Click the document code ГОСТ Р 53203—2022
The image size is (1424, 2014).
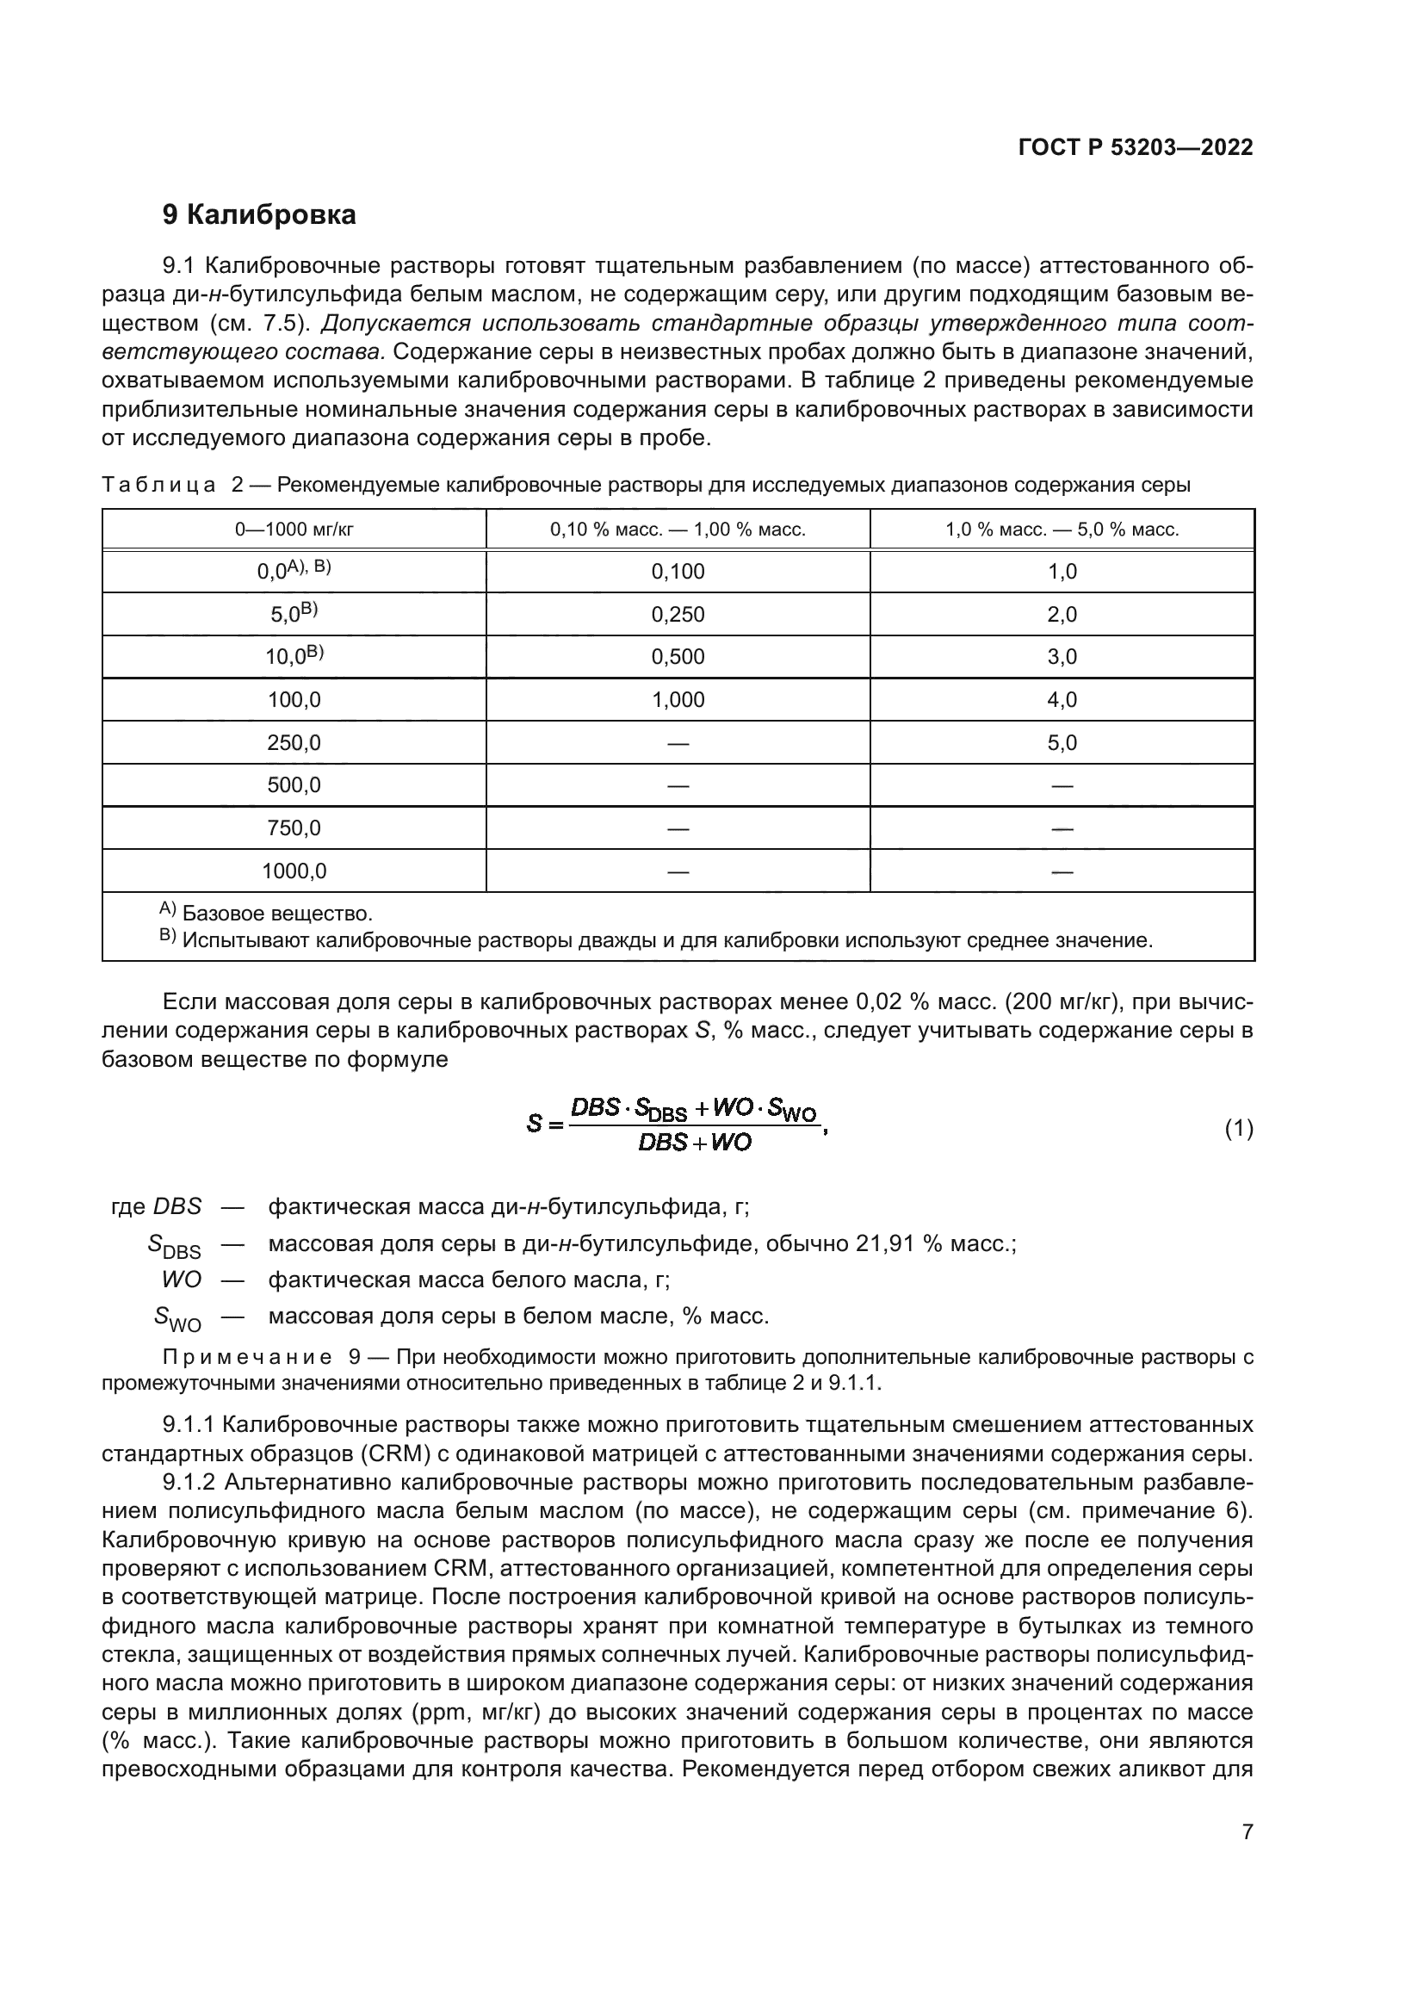coord(1136,147)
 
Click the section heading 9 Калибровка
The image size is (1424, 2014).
coord(259,215)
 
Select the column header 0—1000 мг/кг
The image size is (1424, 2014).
coord(294,530)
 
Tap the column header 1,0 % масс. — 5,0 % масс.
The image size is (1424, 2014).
coord(1062,530)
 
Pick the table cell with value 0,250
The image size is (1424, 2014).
coord(678,615)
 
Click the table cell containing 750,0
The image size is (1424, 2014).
coord(294,828)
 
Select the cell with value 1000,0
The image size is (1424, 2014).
coord(294,871)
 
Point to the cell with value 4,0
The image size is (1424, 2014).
coord(1062,700)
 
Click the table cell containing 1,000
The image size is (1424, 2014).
coord(678,700)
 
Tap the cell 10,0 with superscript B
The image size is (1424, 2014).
coord(294,656)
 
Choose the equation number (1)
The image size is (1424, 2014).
coord(1238,1129)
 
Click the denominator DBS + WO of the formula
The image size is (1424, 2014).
coord(695,1143)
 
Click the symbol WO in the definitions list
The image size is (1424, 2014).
coord(182,1280)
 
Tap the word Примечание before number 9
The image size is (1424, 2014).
coord(247,1358)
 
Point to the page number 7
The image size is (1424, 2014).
coord(1247,1831)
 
